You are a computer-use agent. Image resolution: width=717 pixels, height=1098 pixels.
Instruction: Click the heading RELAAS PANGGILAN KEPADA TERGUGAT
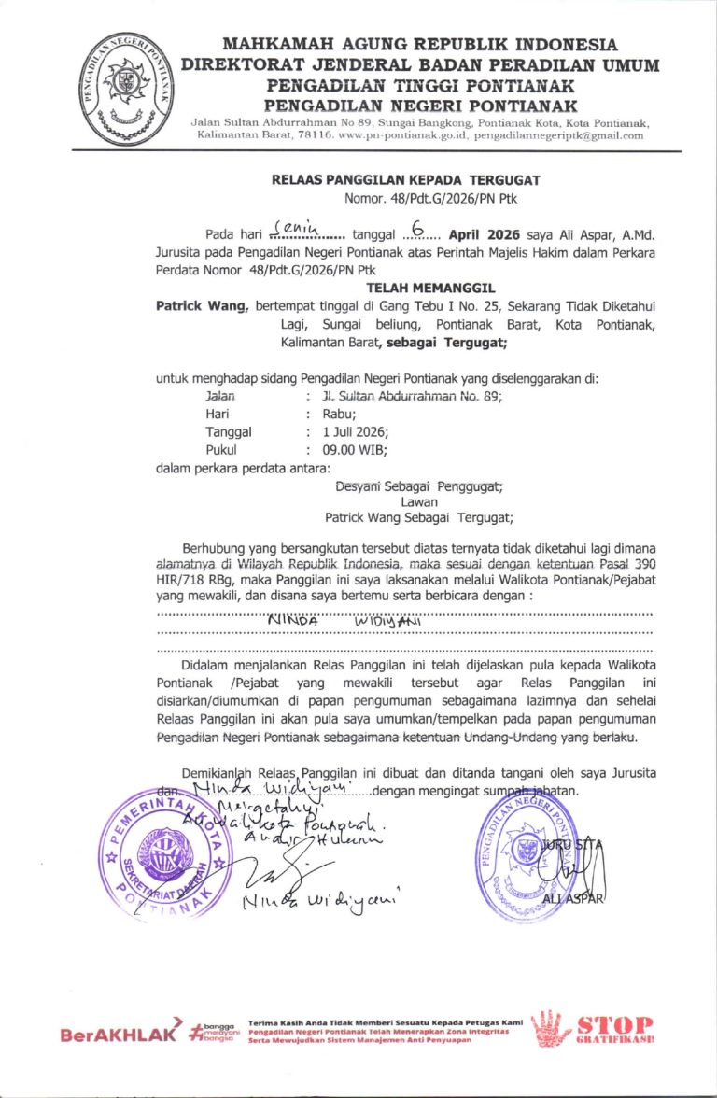tap(405, 180)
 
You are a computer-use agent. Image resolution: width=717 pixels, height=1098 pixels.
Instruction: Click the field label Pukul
tap(222, 449)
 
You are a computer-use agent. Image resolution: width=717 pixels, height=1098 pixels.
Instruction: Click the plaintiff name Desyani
tap(358, 485)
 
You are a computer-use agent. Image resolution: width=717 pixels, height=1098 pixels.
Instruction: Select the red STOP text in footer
tap(615, 1025)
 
